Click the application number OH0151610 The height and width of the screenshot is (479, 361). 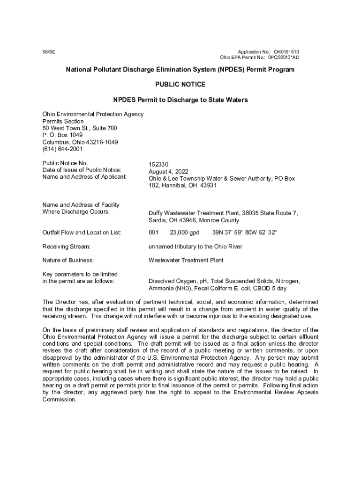point(286,51)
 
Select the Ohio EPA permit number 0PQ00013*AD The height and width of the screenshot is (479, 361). point(284,58)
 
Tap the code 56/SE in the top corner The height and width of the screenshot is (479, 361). point(48,51)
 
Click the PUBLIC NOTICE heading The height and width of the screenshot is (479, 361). point(180,85)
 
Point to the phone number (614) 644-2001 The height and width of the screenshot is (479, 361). point(62,149)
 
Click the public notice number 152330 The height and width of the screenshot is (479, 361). point(158,165)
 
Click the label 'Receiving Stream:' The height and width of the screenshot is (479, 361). point(66,246)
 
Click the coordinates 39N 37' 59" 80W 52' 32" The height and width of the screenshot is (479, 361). point(244,232)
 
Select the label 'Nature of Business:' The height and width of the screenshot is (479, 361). point(68,260)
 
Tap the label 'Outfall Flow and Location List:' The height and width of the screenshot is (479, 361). point(82,232)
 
